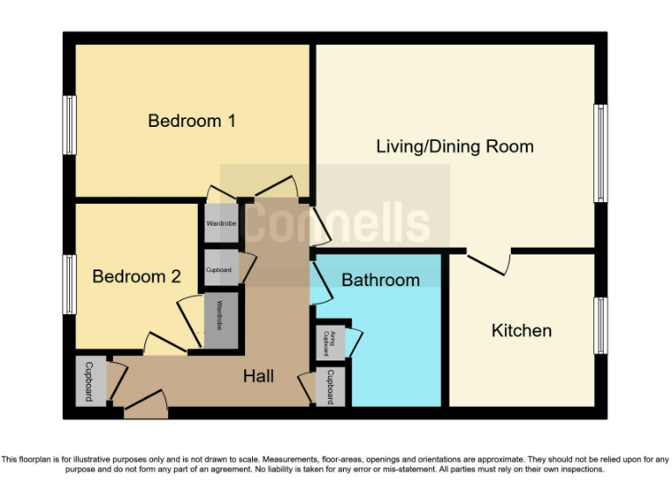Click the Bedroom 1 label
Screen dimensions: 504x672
point(192,121)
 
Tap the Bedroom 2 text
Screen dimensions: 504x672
point(136,276)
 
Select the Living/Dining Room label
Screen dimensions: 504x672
point(454,146)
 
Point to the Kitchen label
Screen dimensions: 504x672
point(521,330)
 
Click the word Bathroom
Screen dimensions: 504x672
point(380,280)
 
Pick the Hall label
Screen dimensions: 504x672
point(258,375)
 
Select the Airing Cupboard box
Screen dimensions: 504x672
point(332,341)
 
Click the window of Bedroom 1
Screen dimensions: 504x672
point(68,125)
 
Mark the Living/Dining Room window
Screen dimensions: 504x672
point(600,153)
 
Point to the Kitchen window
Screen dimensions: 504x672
point(600,325)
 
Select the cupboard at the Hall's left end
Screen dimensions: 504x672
point(90,381)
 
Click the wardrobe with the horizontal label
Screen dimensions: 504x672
point(220,224)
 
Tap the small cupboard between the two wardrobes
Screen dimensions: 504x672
point(220,269)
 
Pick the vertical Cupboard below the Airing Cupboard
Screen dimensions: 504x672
point(331,387)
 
